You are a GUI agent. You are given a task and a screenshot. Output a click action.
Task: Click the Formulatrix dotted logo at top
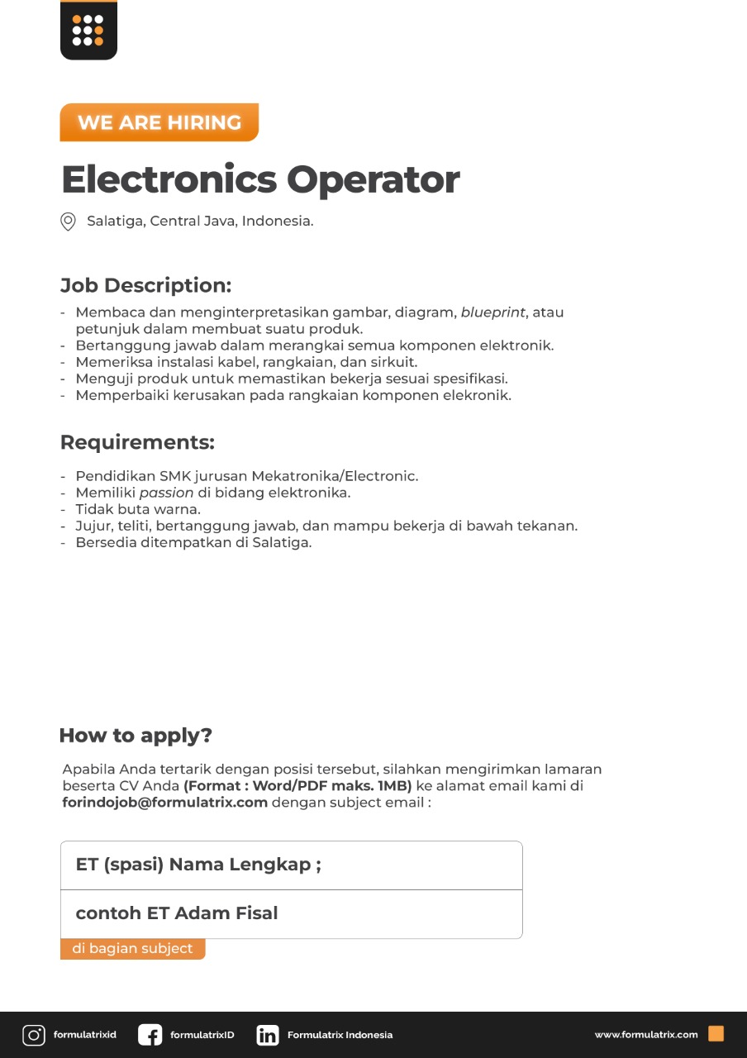[88, 31]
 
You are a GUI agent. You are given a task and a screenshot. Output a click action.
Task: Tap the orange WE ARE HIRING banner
[159, 122]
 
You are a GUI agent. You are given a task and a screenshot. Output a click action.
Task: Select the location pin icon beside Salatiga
[69, 222]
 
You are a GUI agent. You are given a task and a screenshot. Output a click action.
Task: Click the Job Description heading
[145, 286]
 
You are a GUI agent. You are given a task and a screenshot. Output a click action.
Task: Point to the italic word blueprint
[493, 312]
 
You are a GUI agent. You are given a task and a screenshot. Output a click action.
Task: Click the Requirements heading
[137, 442]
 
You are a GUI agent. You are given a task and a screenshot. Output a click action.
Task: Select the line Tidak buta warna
[138, 509]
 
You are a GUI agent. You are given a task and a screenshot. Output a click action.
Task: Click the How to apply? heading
[136, 736]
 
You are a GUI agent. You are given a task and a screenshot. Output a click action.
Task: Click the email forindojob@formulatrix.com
[165, 802]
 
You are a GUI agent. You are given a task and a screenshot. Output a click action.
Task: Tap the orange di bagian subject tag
[132, 949]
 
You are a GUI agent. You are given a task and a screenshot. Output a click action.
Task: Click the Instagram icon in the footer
[34, 1035]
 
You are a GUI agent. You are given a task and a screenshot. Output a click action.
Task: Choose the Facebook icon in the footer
[150, 1035]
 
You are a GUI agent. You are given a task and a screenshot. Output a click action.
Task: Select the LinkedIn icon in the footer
[268, 1035]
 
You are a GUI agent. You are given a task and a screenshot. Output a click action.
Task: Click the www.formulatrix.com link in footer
[646, 1035]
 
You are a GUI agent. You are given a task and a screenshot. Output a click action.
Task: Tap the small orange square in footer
[716, 1034]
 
